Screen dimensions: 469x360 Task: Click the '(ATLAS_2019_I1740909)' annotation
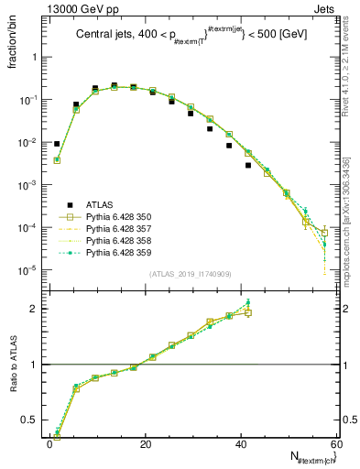pyautogui.click(x=189, y=274)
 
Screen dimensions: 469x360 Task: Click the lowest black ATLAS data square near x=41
pyautogui.click(x=248, y=166)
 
